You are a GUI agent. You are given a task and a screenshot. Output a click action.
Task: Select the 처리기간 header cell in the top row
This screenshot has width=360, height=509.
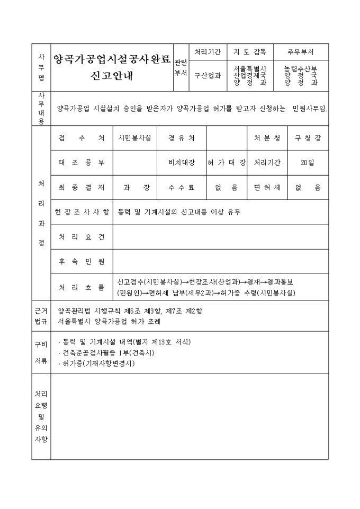(x=207, y=52)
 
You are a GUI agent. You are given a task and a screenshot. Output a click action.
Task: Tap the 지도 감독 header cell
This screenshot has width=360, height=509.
(x=249, y=52)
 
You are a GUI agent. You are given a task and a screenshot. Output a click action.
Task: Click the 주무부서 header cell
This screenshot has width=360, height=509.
(x=300, y=52)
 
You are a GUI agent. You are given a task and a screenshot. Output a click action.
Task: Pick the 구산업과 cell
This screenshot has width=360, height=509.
(x=207, y=75)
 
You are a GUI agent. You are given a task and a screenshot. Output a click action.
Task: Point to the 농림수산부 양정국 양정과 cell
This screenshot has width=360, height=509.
(x=300, y=75)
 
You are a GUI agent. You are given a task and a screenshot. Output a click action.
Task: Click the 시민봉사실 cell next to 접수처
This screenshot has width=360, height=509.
(x=135, y=138)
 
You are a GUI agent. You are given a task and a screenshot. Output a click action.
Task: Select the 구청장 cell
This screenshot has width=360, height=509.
(x=308, y=138)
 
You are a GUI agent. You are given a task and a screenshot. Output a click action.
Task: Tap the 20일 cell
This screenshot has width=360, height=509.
(x=308, y=163)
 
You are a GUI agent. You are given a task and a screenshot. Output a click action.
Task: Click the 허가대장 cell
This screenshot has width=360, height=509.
(x=227, y=163)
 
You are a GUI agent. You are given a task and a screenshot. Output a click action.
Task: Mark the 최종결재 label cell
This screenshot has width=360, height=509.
(x=82, y=187)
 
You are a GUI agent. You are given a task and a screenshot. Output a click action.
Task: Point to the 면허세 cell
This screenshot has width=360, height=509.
(x=267, y=187)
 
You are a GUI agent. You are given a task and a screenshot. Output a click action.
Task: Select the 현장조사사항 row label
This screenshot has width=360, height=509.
(x=82, y=212)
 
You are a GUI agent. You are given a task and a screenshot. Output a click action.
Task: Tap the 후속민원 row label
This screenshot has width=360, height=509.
(x=82, y=261)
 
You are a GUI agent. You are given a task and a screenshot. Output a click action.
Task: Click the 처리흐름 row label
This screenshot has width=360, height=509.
(x=82, y=287)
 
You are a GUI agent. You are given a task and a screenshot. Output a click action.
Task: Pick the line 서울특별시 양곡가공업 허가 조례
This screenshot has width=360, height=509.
(x=110, y=321)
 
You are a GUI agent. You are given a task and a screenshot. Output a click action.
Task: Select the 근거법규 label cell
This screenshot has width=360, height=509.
(x=41, y=316)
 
